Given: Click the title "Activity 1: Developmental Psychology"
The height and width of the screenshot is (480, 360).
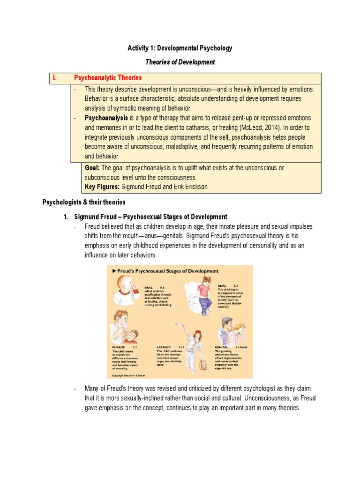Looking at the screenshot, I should (180, 48).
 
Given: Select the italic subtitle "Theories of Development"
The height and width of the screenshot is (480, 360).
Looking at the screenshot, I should (180, 62).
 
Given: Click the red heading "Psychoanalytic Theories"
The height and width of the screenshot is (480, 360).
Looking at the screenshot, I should (108, 77).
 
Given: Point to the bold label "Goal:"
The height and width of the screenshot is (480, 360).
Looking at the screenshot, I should (92, 168).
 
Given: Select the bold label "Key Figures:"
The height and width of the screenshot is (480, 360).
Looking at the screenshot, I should (102, 187).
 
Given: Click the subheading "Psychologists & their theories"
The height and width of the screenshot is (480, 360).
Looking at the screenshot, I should (84, 202).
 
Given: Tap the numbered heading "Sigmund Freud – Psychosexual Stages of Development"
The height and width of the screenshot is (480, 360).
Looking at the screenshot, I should (151, 217).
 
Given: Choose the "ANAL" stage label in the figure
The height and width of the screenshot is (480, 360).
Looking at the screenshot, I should (222, 284).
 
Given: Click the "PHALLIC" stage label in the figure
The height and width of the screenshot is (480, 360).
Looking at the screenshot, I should (120, 347).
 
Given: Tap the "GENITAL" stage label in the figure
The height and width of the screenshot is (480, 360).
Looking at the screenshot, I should (223, 347).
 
